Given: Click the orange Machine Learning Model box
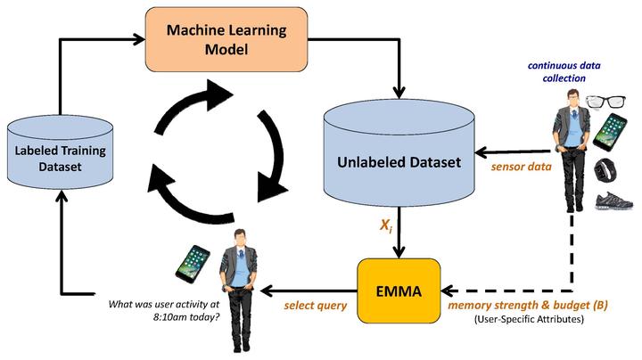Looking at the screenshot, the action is coord(226,40).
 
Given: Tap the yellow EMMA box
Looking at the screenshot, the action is coord(399,290).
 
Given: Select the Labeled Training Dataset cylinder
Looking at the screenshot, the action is coord(61,153).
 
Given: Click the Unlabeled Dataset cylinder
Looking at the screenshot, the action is coord(399,154).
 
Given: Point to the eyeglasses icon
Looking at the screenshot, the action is coord(606,102).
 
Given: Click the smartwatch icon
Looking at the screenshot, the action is coord(605,170).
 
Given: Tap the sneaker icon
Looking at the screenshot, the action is coord(613,200).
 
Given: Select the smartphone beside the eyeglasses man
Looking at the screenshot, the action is coord(610,132).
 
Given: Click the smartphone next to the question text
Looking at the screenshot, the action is coord(193,264).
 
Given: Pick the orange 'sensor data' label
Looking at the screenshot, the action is coord(522,167).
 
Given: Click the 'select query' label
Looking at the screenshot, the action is coord(316,306).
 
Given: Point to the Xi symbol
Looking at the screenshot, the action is coord(386,225).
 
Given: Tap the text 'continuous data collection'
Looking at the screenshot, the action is coord(564,71).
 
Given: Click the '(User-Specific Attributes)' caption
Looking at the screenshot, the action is coord(529,319).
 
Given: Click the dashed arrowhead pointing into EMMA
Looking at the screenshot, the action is coord(447,290).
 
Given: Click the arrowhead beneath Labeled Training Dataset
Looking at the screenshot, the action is coord(61,197).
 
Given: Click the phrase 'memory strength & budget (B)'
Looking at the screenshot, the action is coord(528,305).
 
